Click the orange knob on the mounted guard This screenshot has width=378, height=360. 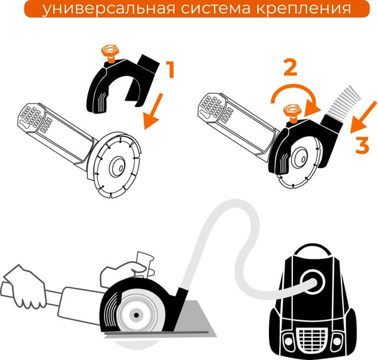tap(290, 111)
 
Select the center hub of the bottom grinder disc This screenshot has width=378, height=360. tap(133, 312)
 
